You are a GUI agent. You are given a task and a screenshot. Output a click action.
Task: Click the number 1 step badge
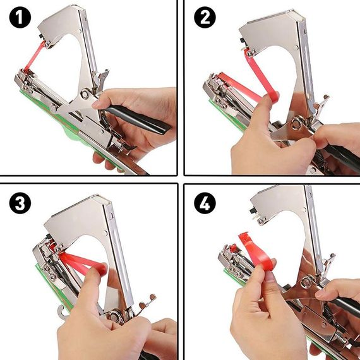tap(20, 17)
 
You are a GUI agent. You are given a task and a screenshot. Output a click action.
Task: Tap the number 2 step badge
tap(205, 17)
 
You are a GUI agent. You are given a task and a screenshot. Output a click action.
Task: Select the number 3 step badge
tap(20, 203)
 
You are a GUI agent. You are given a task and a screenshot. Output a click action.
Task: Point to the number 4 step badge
tap(205, 203)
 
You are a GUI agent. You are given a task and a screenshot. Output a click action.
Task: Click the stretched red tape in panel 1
tap(35, 56)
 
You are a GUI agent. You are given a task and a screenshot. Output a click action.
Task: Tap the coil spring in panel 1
tap(104, 119)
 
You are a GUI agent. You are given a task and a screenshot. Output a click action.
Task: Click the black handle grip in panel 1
tap(138, 119)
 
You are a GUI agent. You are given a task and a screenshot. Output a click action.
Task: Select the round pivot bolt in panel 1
tap(85, 94)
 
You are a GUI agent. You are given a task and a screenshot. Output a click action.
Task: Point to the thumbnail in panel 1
tap(96, 105)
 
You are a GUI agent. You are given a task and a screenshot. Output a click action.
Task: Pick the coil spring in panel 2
tap(321, 158)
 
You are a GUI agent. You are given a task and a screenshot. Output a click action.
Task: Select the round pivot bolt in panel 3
tap(114, 316)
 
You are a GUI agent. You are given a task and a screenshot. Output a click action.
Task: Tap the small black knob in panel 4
tap(252, 210)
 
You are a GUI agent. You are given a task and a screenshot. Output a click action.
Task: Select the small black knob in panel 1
tap(40, 37)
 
